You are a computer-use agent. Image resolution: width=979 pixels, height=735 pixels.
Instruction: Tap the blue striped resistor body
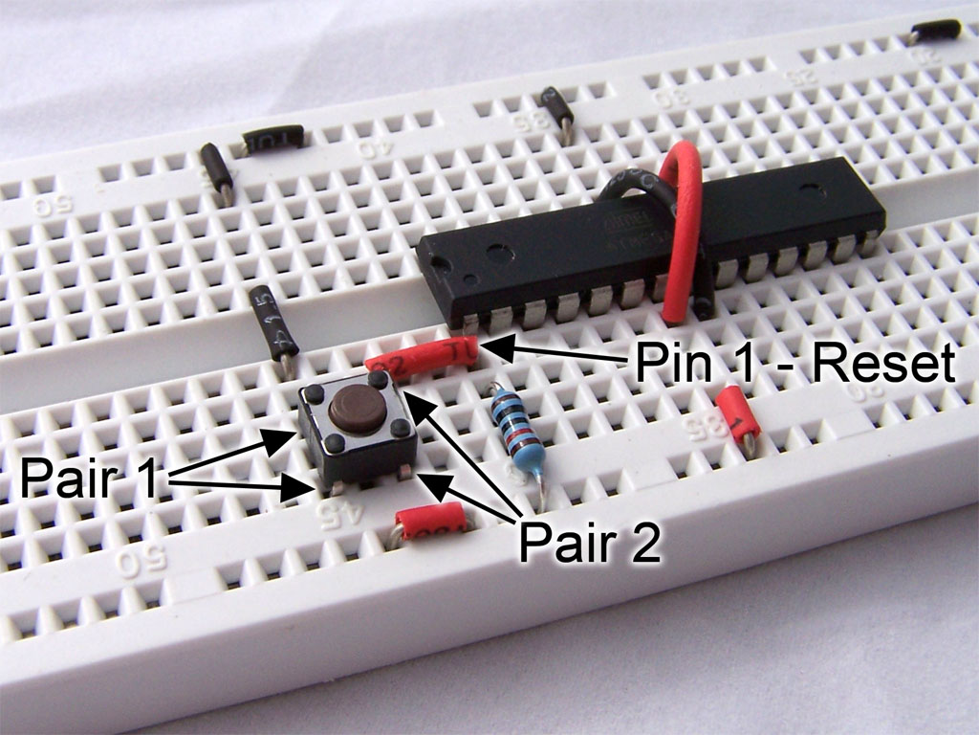pos(511,426)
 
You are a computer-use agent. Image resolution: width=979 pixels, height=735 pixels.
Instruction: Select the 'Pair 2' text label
pos(589,544)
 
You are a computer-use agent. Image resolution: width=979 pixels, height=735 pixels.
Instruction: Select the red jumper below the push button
pos(430,523)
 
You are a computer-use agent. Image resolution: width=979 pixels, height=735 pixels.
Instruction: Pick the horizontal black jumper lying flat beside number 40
pos(273,139)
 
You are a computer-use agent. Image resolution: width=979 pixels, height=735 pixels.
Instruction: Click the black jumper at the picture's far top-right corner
pos(936,30)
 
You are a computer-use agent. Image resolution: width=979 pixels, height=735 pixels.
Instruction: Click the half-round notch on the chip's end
pos(428,259)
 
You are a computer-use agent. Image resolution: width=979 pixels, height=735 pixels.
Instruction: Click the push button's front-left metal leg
pos(327,488)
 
